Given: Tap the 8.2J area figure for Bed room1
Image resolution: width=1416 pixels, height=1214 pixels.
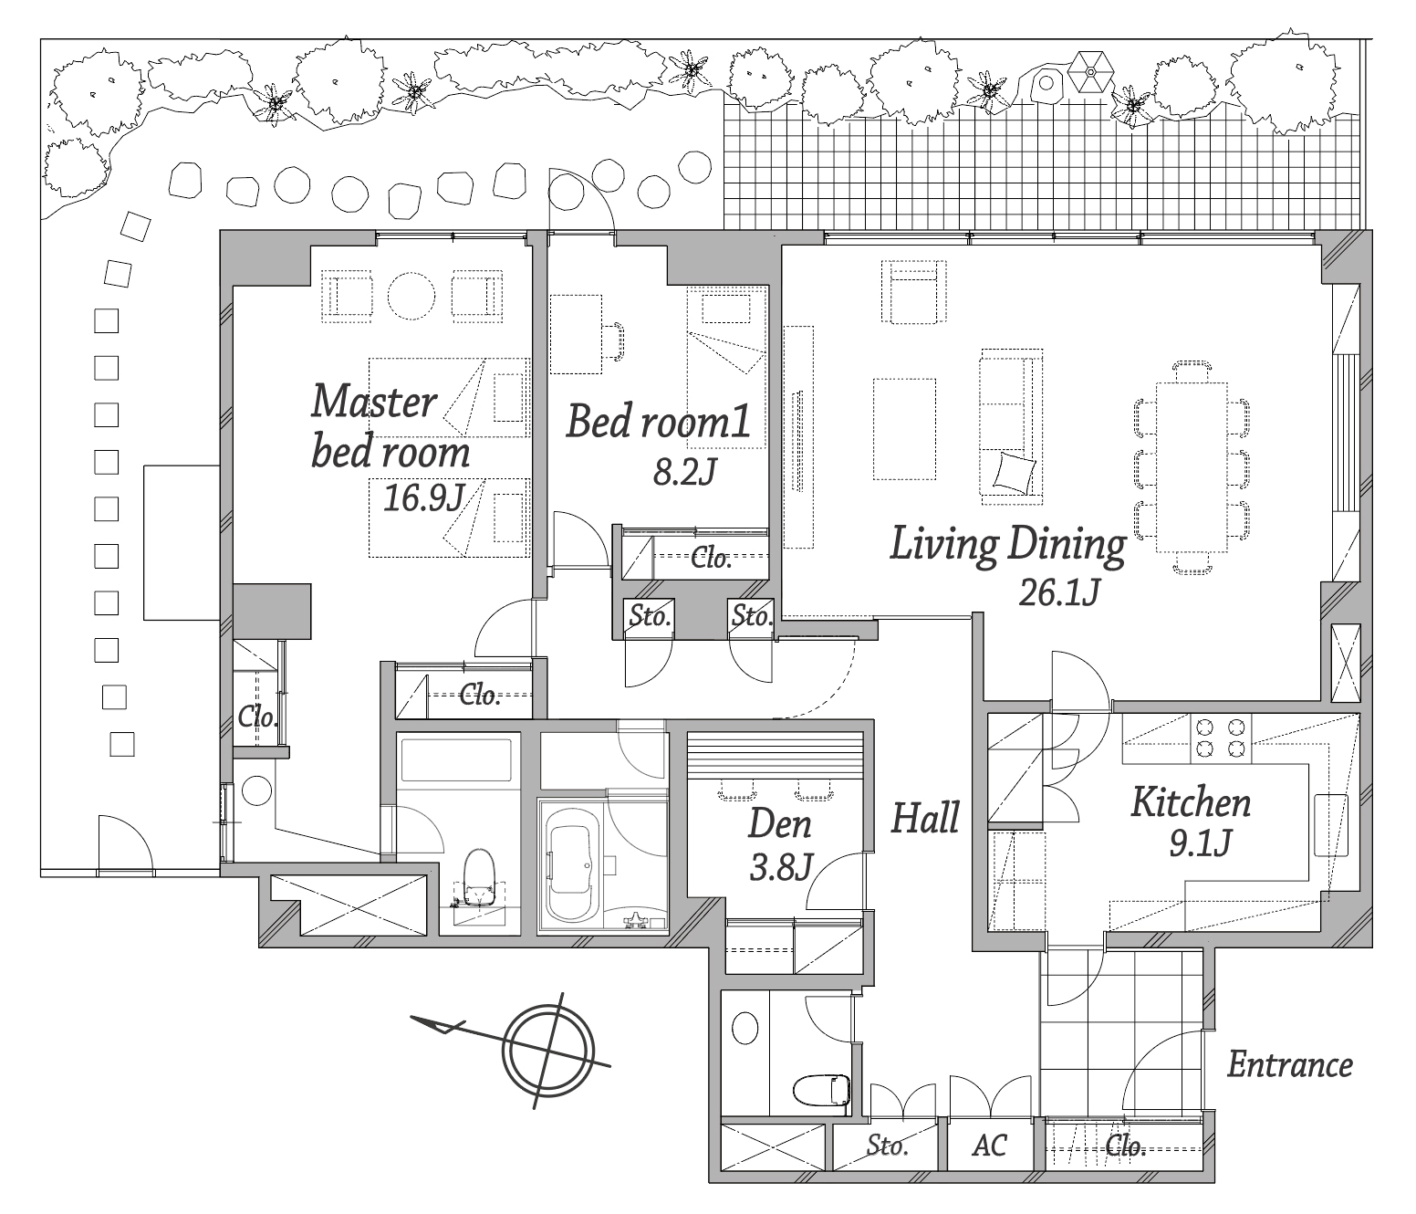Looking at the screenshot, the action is tap(684, 472).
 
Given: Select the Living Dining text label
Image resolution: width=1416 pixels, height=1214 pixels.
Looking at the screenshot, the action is tap(1007, 545).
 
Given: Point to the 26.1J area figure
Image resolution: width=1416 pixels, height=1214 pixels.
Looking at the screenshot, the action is tap(1058, 593).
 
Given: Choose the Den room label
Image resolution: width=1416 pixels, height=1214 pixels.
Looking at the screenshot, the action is tap(779, 823).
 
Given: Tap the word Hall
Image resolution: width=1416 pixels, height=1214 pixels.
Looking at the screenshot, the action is tap(925, 818).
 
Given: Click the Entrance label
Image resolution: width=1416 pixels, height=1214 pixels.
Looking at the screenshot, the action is tap(1290, 1064).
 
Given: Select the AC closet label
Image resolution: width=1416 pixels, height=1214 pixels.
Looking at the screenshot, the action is tap(989, 1145).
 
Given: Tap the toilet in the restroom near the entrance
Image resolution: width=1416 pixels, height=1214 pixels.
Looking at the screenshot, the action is tap(821, 1090).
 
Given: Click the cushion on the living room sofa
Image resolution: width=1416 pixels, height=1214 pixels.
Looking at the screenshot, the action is tap(1014, 472).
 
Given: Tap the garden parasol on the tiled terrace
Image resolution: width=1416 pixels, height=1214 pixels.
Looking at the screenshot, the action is tap(1090, 72).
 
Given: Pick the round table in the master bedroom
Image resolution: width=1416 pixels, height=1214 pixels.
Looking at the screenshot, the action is tap(411, 296).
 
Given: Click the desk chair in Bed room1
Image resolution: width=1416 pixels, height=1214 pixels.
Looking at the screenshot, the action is tap(612, 341).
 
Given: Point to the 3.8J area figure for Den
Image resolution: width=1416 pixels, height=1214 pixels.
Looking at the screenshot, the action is tap(780, 868).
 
